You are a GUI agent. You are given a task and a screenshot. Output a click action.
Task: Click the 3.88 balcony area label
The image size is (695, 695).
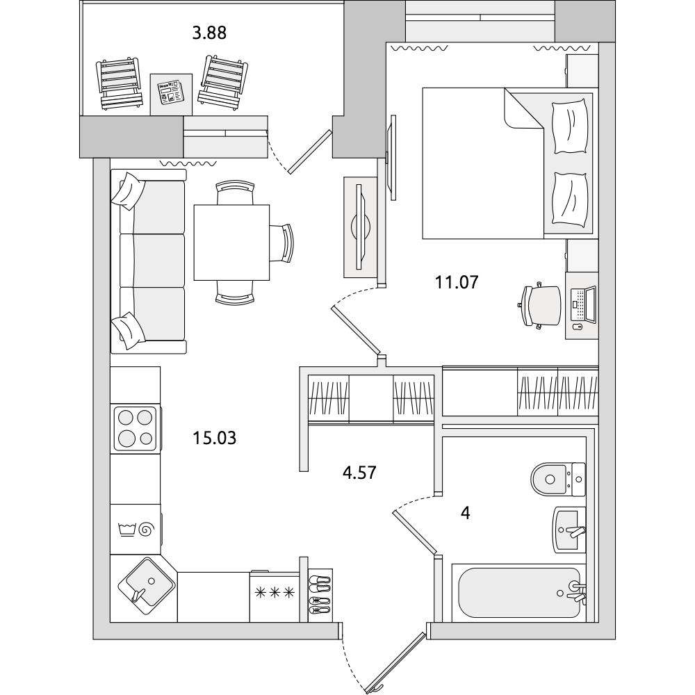coord(209,33)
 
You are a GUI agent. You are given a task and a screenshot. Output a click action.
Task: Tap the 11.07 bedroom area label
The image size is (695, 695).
coord(457,282)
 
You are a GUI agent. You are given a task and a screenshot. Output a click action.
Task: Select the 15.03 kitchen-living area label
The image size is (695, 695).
coord(215,438)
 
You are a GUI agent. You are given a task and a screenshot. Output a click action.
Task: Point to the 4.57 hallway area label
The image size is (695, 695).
coord(359,473)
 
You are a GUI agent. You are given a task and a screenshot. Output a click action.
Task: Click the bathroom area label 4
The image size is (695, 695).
coord(466,513)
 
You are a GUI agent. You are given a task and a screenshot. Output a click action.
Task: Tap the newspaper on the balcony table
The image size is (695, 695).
coord(171,92)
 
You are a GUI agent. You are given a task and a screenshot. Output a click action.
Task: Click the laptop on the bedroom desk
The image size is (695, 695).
coord(584,304)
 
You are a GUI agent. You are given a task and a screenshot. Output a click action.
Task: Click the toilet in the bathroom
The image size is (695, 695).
coord(558,479)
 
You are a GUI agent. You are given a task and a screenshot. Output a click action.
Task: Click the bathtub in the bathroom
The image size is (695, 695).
coord(519,593)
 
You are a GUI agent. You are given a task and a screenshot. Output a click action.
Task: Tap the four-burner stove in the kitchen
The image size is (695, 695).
coord(136,429)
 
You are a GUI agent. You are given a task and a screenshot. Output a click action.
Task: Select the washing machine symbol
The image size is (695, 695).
coord(136,529)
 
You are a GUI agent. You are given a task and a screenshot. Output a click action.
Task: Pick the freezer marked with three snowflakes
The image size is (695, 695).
coord(275,596)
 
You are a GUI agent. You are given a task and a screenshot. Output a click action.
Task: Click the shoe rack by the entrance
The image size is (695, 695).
coord(320,596)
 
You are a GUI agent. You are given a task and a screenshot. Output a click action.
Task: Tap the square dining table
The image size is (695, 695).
coord(232,243)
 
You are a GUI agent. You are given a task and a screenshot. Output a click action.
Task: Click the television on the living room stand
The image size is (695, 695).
coord(361,227)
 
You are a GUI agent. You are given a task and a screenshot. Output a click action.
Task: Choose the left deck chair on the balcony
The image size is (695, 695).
coord(120,83)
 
